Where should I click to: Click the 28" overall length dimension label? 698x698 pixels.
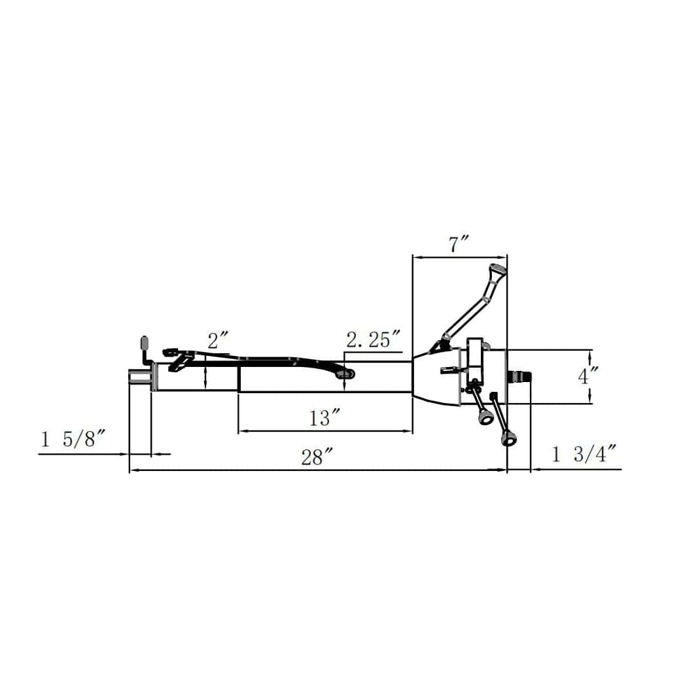click(317, 457)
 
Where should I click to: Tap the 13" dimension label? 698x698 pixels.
click(325, 418)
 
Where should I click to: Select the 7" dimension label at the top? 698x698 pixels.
click(459, 245)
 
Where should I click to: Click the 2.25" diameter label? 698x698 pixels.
click(374, 340)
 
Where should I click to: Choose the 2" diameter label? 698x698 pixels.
click(218, 341)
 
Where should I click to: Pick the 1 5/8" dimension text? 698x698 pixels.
click(73, 439)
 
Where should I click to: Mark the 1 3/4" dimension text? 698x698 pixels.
click(584, 454)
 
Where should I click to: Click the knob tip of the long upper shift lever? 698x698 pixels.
click(497, 270)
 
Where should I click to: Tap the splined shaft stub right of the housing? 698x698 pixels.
click(520, 376)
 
